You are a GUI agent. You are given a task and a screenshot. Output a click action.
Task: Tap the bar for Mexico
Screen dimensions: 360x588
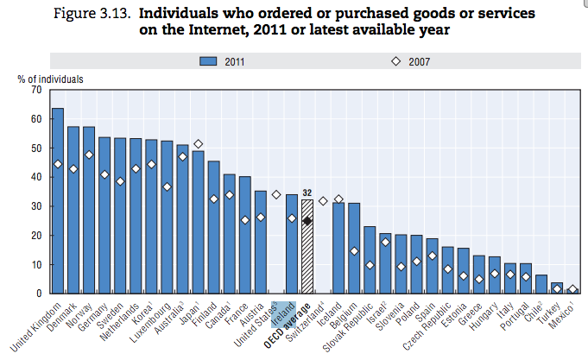point(572,292)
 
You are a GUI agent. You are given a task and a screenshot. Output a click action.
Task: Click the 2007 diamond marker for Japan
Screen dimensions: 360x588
point(198,144)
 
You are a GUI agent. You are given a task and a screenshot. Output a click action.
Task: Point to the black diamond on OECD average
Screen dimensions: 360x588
point(307,221)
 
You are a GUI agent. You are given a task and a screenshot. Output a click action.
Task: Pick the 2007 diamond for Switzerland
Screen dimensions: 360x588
point(322,201)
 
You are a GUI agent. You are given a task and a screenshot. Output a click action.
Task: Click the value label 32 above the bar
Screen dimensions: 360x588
point(307,193)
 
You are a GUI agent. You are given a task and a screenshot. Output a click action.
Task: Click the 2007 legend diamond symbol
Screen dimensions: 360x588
point(397,61)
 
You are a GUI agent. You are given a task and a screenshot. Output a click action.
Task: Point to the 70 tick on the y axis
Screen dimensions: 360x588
point(35,90)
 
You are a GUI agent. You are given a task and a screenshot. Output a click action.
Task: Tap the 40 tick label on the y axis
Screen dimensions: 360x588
point(35,177)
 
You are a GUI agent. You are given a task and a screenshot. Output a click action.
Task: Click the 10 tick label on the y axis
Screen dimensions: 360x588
point(35,264)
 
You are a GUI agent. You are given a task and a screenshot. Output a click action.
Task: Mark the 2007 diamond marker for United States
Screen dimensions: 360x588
point(275,195)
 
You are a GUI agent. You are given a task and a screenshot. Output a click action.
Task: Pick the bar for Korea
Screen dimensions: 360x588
point(151,216)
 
